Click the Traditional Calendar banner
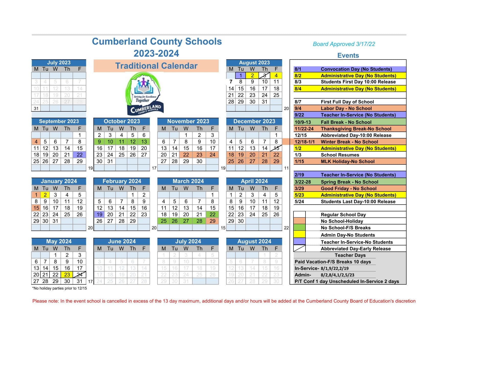(156, 66)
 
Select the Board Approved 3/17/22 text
(344, 44)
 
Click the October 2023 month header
(122, 121)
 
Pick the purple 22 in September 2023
(80, 155)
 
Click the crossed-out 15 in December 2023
(276, 148)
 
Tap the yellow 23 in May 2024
(67, 275)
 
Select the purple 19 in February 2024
(100, 215)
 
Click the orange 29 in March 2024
(212, 221)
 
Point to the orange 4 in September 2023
(36, 142)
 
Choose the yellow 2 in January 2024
(45, 195)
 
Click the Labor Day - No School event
(346, 108)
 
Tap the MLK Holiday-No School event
(347, 161)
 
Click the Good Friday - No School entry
(348, 188)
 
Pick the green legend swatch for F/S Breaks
(299, 228)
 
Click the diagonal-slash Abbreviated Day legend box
(299, 248)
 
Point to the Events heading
(348, 55)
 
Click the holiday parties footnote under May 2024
(60, 288)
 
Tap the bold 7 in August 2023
(231, 82)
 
